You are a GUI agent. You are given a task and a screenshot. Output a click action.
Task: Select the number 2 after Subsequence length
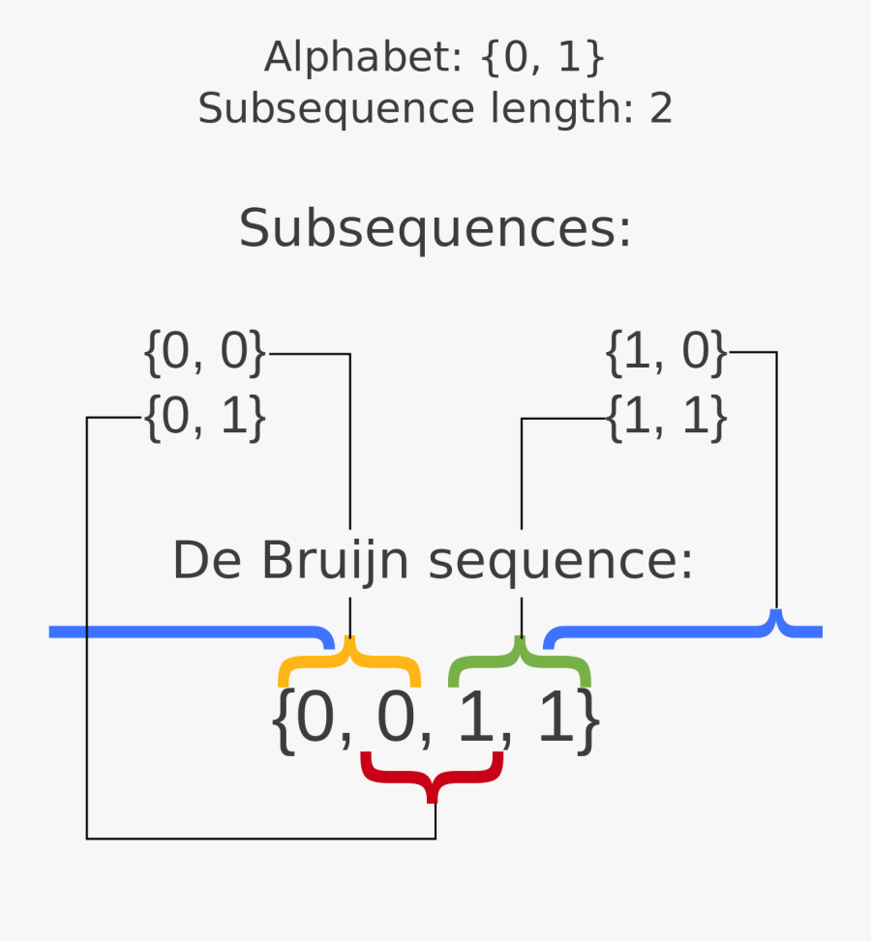click(660, 109)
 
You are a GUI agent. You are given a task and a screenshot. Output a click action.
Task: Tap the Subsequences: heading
click(435, 230)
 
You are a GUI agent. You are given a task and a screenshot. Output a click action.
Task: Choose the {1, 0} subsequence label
click(667, 353)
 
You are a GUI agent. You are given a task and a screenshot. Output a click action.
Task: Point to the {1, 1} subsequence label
click(667, 419)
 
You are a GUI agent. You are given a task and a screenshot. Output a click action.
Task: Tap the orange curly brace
click(349, 663)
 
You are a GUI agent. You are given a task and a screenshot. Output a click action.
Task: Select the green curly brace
click(520, 662)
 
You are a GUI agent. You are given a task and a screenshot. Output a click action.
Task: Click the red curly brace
click(433, 775)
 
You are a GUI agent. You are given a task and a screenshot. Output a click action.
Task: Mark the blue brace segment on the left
click(184, 632)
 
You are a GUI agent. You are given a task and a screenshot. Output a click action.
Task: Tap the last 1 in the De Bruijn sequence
click(556, 721)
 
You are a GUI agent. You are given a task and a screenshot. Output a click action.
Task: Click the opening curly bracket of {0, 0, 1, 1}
click(282, 721)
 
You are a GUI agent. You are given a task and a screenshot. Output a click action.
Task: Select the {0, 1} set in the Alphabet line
click(543, 59)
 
